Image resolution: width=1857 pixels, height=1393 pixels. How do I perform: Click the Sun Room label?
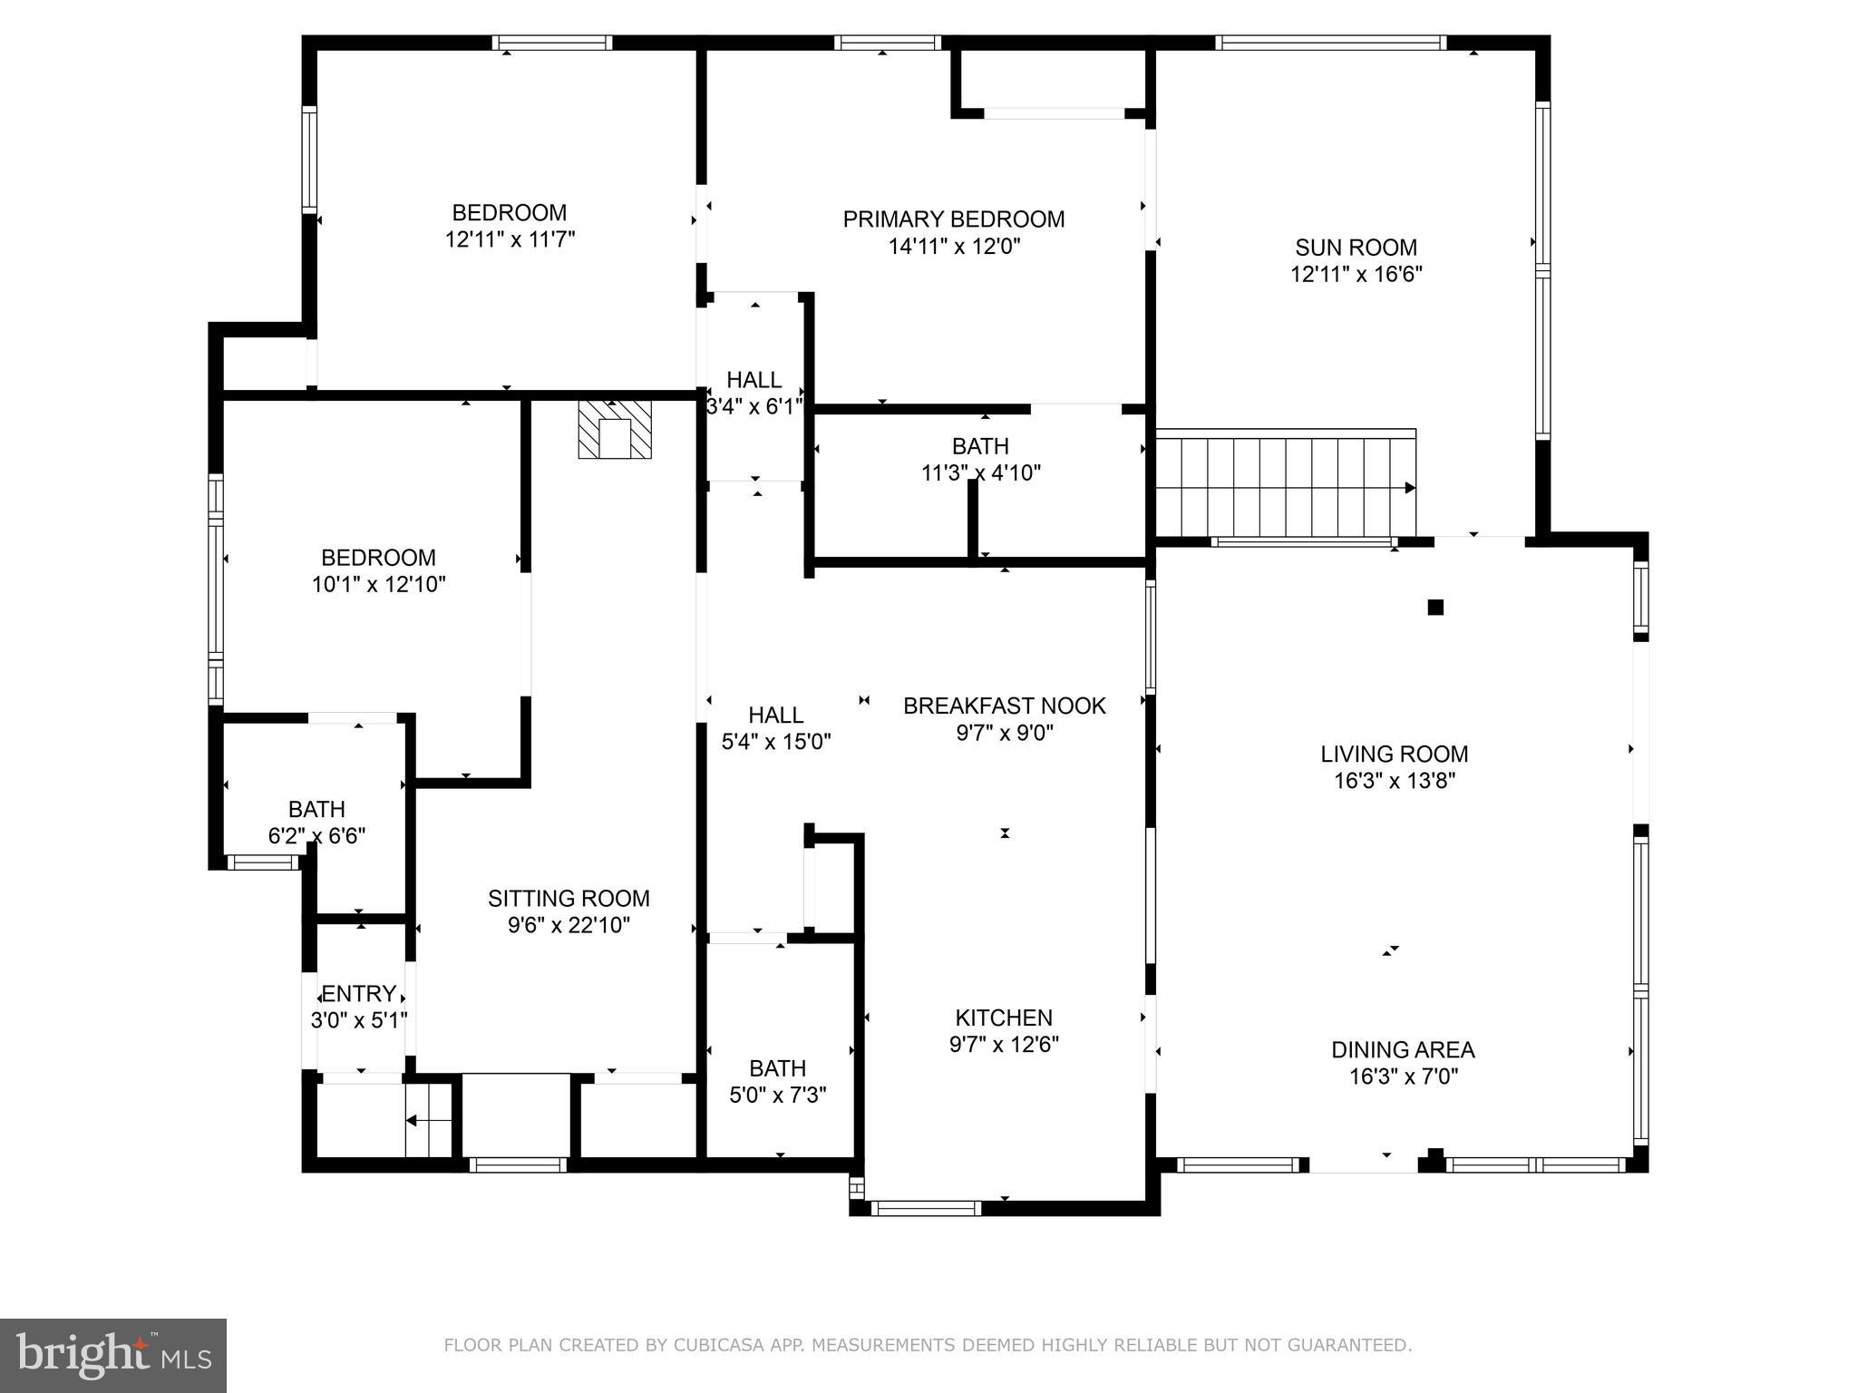coord(1356,248)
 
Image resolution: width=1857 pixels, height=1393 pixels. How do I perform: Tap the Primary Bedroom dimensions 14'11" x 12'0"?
coord(954,247)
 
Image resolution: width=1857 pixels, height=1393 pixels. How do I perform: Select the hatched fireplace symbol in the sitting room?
coord(615,430)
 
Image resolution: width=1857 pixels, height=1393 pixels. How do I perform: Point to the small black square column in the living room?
coord(1435,608)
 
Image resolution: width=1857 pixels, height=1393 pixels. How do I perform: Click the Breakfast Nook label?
coord(1004,706)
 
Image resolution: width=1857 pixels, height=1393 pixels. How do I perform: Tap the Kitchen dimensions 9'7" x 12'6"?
coord(1004,1045)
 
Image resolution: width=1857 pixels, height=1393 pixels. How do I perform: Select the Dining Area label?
coord(1403,1050)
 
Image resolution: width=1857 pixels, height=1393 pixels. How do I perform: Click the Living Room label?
coord(1394,754)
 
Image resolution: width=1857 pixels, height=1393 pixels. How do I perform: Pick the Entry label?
coord(358,994)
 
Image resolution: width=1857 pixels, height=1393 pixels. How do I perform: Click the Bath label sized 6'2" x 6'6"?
coord(316,809)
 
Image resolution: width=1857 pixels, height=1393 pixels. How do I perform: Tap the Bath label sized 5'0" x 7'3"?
coord(777,1068)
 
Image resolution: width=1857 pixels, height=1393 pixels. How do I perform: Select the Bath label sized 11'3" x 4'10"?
coord(980,446)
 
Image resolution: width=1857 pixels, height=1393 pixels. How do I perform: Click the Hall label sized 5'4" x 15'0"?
coord(775,716)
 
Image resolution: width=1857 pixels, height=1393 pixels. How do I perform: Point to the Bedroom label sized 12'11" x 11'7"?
coord(509,213)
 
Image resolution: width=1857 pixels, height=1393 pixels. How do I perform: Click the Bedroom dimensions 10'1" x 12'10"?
coord(379,585)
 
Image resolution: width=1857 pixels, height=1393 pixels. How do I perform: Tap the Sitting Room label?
coord(569,899)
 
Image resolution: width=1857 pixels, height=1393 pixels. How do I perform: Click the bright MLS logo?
coord(113,1355)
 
